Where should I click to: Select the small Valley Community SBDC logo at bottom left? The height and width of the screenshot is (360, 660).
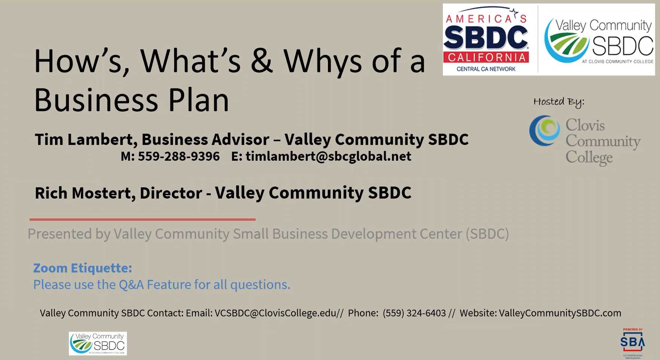coord(98,343)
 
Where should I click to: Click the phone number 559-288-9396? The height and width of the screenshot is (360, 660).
coord(179,156)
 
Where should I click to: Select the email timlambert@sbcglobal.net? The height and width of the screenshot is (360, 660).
coord(328,156)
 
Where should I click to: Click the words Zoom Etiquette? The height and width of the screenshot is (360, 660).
coord(82,268)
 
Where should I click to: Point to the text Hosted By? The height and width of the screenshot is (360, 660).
coord(559,102)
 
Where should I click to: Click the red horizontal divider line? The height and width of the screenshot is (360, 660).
coord(142,220)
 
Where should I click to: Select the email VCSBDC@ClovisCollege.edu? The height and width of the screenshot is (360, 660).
coord(275,313)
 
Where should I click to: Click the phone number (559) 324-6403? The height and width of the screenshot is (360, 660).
coord(414,313)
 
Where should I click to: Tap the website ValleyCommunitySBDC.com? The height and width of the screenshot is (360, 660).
coord(560,313)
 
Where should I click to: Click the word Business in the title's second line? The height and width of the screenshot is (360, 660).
coord(96,100)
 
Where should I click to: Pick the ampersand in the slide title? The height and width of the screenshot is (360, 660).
coord(262,61)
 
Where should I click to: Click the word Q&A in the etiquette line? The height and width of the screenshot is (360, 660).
coord(131,285)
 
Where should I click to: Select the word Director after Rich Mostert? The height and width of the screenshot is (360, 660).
coord(171,193)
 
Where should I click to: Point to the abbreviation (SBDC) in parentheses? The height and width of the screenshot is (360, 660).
coord(487,234)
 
